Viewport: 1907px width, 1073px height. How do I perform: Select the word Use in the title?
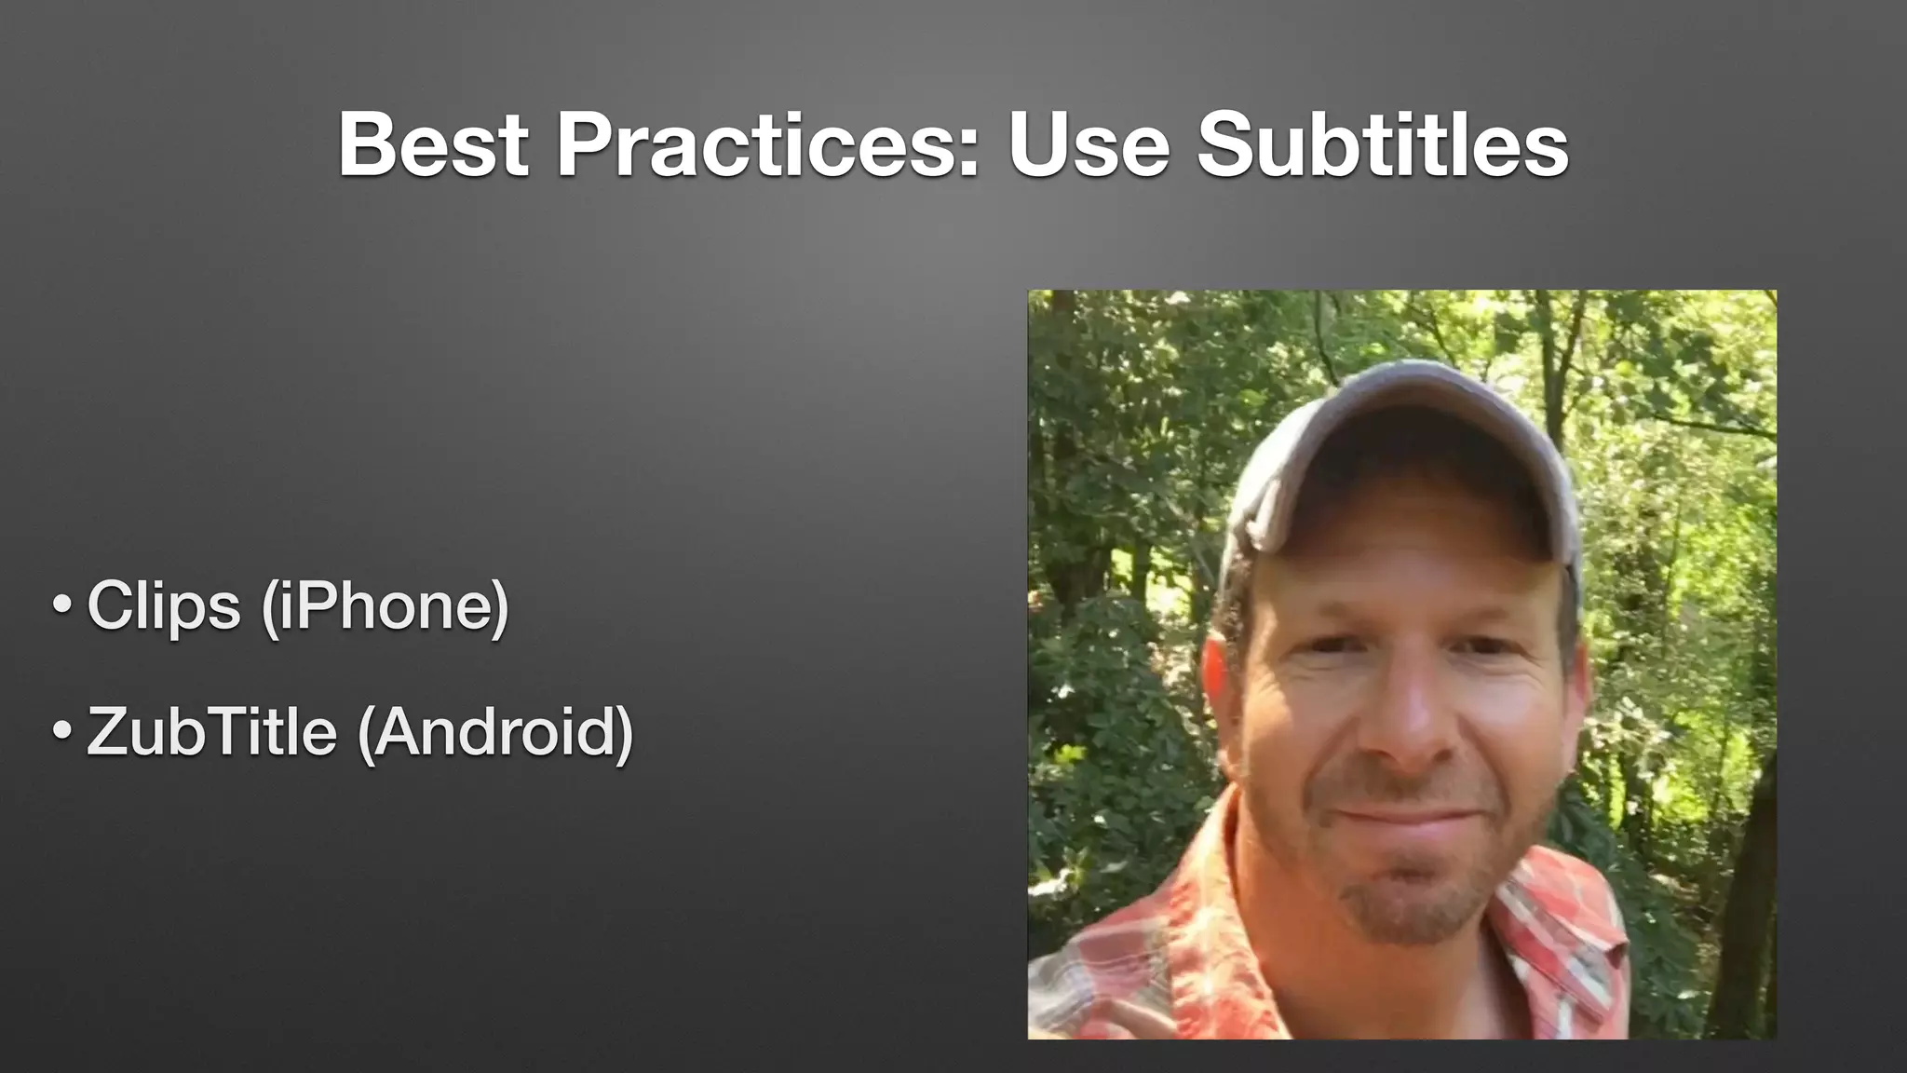(x=1089, y=146)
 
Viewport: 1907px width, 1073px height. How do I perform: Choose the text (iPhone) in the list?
(x=385, y=607)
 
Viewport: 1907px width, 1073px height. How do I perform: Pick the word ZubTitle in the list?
(x=211, y=732)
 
